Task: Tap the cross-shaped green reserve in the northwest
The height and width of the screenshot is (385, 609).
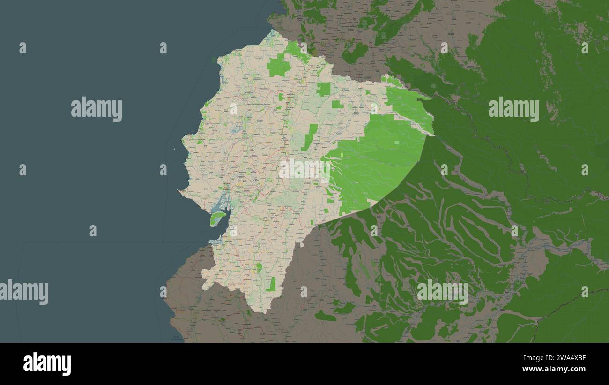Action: point(279,65)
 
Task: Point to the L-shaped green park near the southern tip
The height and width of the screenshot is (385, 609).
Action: point(271,284)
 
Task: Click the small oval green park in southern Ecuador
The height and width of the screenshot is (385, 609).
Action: point(259,268)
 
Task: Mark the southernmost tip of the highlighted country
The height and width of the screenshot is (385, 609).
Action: point(265,312)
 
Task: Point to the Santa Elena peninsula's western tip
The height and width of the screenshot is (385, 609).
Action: point(179,190)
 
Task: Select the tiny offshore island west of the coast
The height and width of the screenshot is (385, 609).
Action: point(174,150)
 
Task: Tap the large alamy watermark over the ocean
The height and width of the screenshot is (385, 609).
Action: point(97,109)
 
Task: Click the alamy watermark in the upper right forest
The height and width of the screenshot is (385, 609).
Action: point(513,109)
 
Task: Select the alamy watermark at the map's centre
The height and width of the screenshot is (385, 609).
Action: point(304,169)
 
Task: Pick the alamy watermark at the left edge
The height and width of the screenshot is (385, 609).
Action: point(24,292)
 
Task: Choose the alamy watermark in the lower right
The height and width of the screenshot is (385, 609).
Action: point(442,292)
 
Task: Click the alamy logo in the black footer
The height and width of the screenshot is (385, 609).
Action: point(47,363)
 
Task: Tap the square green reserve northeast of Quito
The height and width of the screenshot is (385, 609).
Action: point(323,89)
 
